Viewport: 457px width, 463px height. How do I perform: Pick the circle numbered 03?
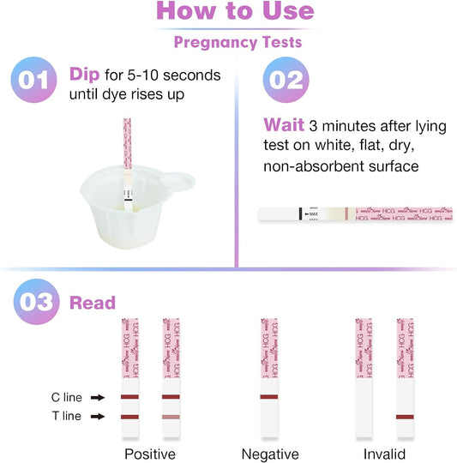pyautogui.click(x=37, y=303)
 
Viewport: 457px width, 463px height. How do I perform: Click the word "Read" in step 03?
pyautogui.click(x=92, y=303)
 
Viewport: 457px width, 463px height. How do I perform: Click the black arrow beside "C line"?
pyautogui.click(x=99, y=398)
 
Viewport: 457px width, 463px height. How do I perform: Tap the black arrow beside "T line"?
pyautogui.click(x=99, y=417)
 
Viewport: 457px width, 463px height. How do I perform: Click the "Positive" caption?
pyautogui.click(x=150, y=454)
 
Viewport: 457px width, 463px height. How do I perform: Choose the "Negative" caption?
pyautogui.click(x=269, y=454)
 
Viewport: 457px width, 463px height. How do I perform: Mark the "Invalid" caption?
pyautogui.click(x=382, y=454)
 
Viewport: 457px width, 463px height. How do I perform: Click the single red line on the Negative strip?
pyautogui.click(x=269, y=398)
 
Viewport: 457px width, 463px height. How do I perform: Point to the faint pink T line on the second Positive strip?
pyautogui.click(x=171, y=417)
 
